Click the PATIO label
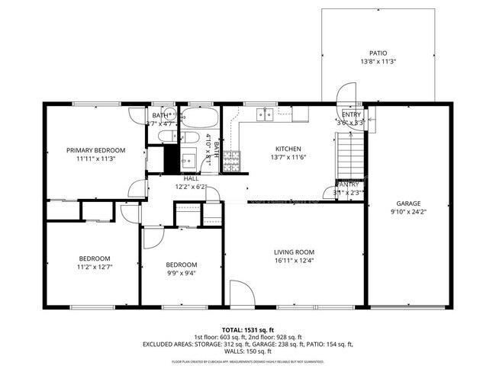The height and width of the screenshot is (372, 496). [x=378, y=53]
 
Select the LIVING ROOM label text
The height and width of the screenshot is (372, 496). [x=294, y=252]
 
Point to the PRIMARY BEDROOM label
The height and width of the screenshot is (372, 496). [x=95, y=150]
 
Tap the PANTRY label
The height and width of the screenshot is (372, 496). [x=349, y=184]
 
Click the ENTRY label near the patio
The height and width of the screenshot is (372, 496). [x=351, y=114]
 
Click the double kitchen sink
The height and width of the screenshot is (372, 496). [x=264, y=114]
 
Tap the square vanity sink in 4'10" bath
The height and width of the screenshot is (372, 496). [x=188, y=161]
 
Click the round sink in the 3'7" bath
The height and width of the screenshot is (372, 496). [x=165, y=137]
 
